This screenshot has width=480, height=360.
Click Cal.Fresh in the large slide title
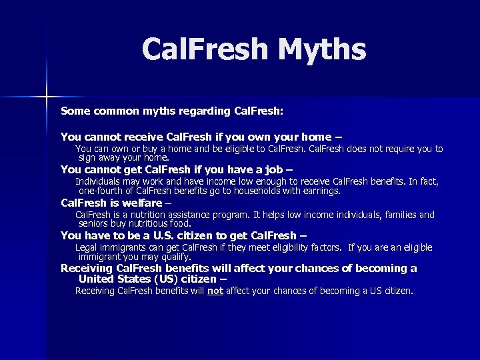(x=204, y=49)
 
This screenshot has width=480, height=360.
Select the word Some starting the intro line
(x=75, y=109)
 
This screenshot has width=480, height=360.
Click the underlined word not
(x=215, y=291)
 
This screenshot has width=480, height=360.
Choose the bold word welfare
(x=143, y=203)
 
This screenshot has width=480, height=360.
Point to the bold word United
(x=99, y=279)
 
